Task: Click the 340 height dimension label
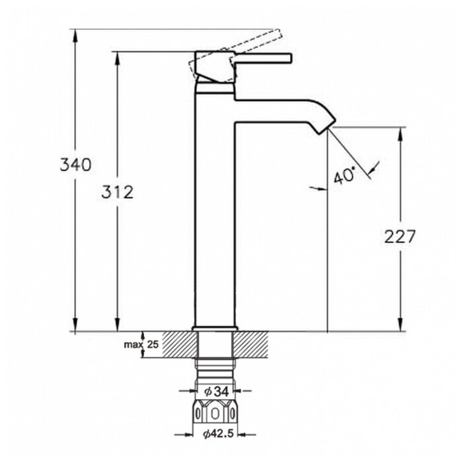pyautogui.click(x=75, y=164)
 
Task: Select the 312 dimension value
pyautogui.click(x=118, y=192)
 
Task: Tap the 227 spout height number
pyautogui.click(x=400, y=236)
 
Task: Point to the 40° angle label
pyautogui.click(x=344, y=176)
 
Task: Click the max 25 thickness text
pyautogui.click(x=141, y=344)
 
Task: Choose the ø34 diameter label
pyautogui.click(x=217, y=392)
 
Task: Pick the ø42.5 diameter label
pyautogui.click(x=218, y=434)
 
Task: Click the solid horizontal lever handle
pyautogui.click(x=263, y=58)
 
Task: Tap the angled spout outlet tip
pyautogui.click(x=327, y=126)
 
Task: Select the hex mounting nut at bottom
pyautogui.click(x=215, y=411)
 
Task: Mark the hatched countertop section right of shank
pyautogui.click(x=250, y=345)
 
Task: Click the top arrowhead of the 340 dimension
pyautogui.click(x=75, y=36)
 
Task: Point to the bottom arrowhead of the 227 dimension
pyautogui.click(x=400, y=325)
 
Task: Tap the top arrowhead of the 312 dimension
pyautogui.click(x=118, y=58)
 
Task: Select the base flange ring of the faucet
pyautogui.click(x=215, y=329)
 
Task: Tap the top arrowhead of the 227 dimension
pyautogui.click(x=400, y=134)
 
